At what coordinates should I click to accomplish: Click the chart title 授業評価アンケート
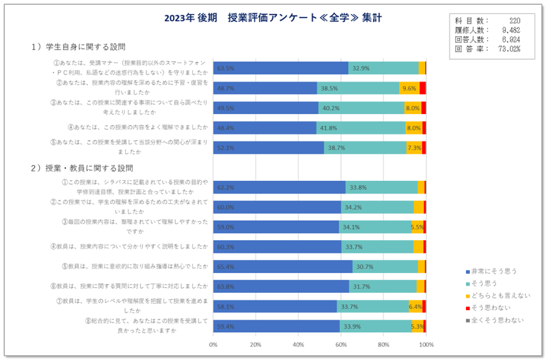pyautogui.click(x=273, y=18)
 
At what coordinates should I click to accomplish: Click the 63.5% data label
pyautogui.click(x=226, y=68)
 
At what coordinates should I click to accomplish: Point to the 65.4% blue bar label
pyautogui.click(x=226, y=267)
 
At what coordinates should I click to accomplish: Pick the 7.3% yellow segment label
pyautogui.click(x=414, y=148)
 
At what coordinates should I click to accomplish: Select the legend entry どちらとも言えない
pyautogui.click(x=500, y=296)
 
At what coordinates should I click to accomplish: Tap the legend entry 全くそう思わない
pyautogui.click(x=497, y=320)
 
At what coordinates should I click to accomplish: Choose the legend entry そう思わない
pyautogui.click(x=494, y=308)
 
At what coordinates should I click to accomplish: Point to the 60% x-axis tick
pyautogui.click(x=341, y=344)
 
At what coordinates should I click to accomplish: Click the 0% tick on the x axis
pyautogui.click(x=213, y=344)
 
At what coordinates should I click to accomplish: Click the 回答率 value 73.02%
pyautogui.click(x=510, y=49)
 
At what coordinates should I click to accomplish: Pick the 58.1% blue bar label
pyautogui.click(x=226, y=306)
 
